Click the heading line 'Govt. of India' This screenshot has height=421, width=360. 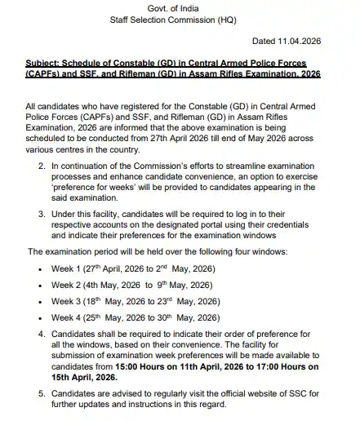tap(180, 8)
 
